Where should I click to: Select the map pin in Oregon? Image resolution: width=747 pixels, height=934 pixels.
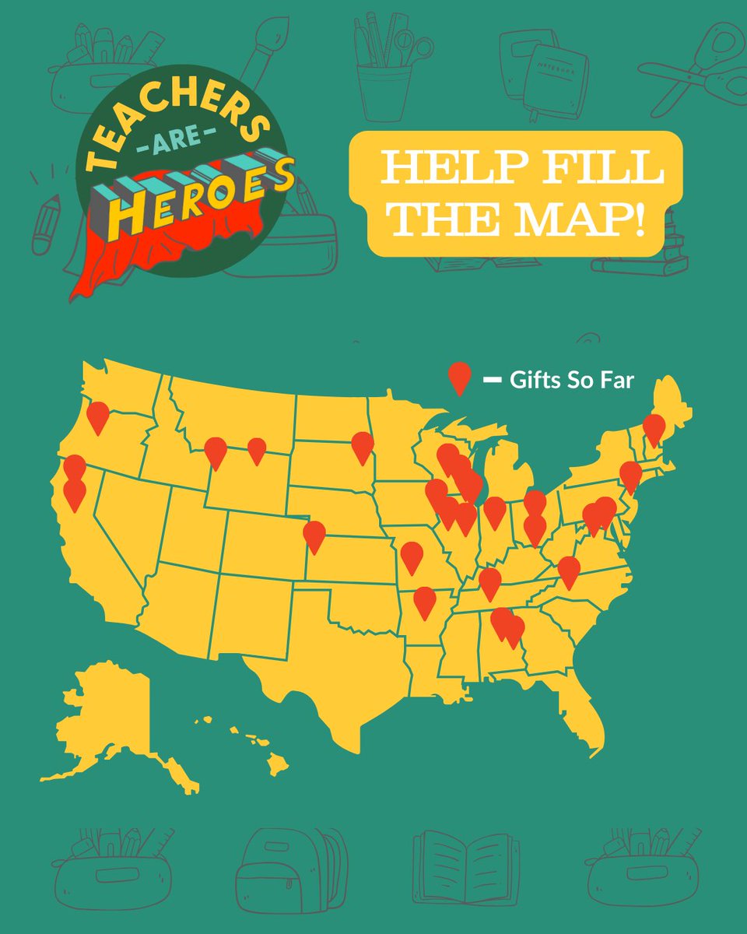[98, 416]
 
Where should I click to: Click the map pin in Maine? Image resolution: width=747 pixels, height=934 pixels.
[654, 428]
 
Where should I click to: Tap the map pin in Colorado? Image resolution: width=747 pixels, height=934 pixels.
[314, 535]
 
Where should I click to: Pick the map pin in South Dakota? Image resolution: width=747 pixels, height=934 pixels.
[363, 446]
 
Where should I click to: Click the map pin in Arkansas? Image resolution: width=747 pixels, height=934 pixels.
[425, 601]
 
